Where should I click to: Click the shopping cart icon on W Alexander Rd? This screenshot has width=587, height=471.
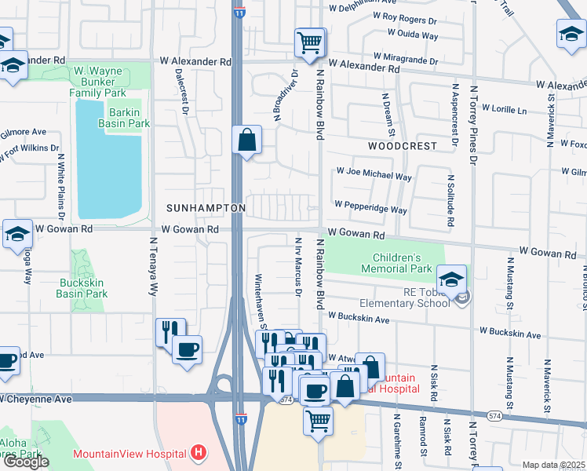[x=310, y=42]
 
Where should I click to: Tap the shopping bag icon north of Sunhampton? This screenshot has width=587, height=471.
[x=247, y=141]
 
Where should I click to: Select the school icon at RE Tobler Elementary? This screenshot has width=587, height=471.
[x=451, y=280]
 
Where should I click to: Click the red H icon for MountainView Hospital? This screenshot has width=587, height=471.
[x=199, y=453]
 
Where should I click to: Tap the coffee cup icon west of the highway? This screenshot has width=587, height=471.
[x=187, y=349]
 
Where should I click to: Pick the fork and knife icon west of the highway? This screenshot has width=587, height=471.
[x=170, y=331]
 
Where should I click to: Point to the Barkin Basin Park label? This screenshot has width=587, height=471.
[x=124, y=118]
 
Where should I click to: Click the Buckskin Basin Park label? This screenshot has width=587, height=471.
[x=82, y=287]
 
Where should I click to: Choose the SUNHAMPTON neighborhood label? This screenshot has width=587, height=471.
[x=206, y=208]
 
